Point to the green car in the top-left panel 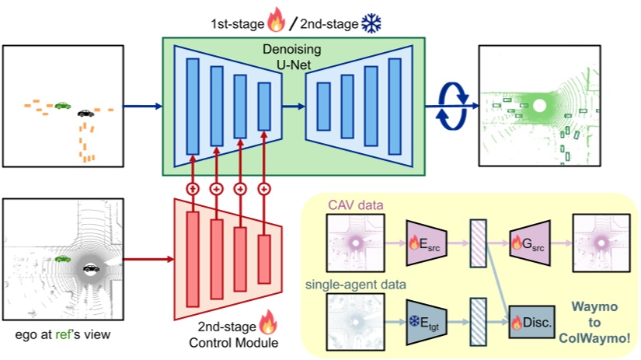(62, 105)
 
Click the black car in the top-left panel (85, 114)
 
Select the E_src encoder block (423, 244)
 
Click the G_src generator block (531, 243)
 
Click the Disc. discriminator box (531, 320)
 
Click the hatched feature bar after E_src (477, 243)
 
